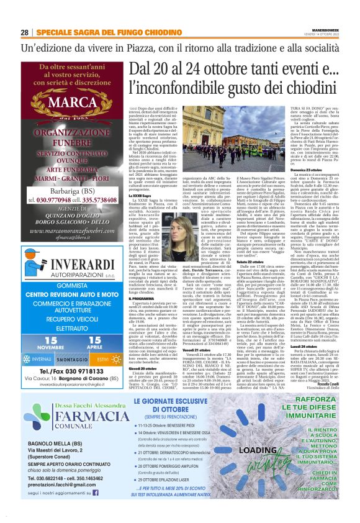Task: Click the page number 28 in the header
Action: tap(24, 32)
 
